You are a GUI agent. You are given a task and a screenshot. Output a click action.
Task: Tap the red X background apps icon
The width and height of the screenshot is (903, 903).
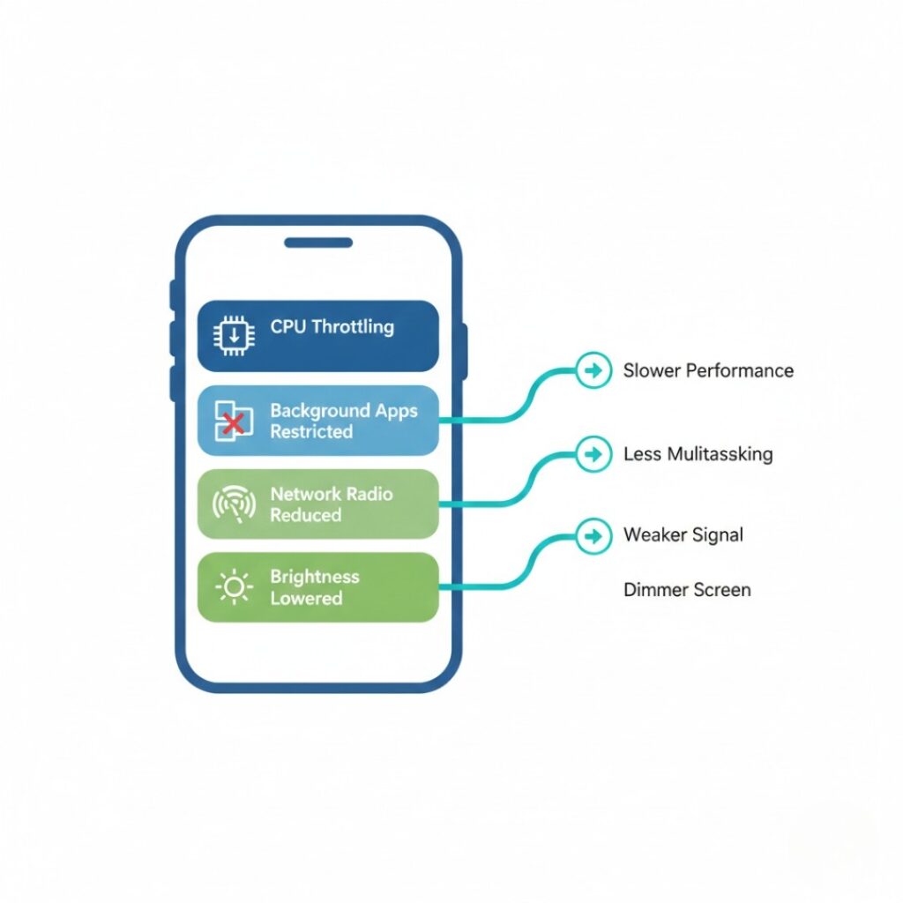[233, 422]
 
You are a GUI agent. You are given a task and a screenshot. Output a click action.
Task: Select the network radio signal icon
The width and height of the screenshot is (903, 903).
[234, 504]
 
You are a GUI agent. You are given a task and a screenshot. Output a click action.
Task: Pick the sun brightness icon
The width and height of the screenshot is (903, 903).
[235, 587]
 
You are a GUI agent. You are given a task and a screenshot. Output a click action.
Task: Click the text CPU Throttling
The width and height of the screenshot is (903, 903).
[332, 327]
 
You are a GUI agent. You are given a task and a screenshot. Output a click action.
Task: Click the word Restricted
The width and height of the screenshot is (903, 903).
[311, 432]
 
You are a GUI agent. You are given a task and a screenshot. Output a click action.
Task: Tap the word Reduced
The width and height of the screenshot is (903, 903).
[305, 515]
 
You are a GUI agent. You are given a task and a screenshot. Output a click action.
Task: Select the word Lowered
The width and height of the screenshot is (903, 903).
[306, 598]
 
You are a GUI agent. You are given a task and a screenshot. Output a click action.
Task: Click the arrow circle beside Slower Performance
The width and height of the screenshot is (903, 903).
[593, 370]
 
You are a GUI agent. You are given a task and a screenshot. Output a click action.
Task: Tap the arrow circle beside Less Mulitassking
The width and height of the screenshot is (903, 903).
[593, 454]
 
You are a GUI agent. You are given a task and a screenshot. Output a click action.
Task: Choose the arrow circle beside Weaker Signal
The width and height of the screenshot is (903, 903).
[593, 534]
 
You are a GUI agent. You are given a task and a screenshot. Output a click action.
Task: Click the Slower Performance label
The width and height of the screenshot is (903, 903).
[708, 370]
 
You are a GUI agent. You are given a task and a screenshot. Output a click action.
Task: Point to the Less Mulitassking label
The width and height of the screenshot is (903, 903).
[698, 454]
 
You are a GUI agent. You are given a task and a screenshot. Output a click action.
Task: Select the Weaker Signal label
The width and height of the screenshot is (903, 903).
[683, 534]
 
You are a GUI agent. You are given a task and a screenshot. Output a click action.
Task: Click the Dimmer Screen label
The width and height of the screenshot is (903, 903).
[687, 589]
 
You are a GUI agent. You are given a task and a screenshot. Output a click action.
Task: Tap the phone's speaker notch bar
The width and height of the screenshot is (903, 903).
[317, 243]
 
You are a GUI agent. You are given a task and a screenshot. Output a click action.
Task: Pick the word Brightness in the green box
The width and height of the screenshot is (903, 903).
[315, 577]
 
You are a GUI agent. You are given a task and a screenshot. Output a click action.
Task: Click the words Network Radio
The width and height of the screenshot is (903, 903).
[331, 494]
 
